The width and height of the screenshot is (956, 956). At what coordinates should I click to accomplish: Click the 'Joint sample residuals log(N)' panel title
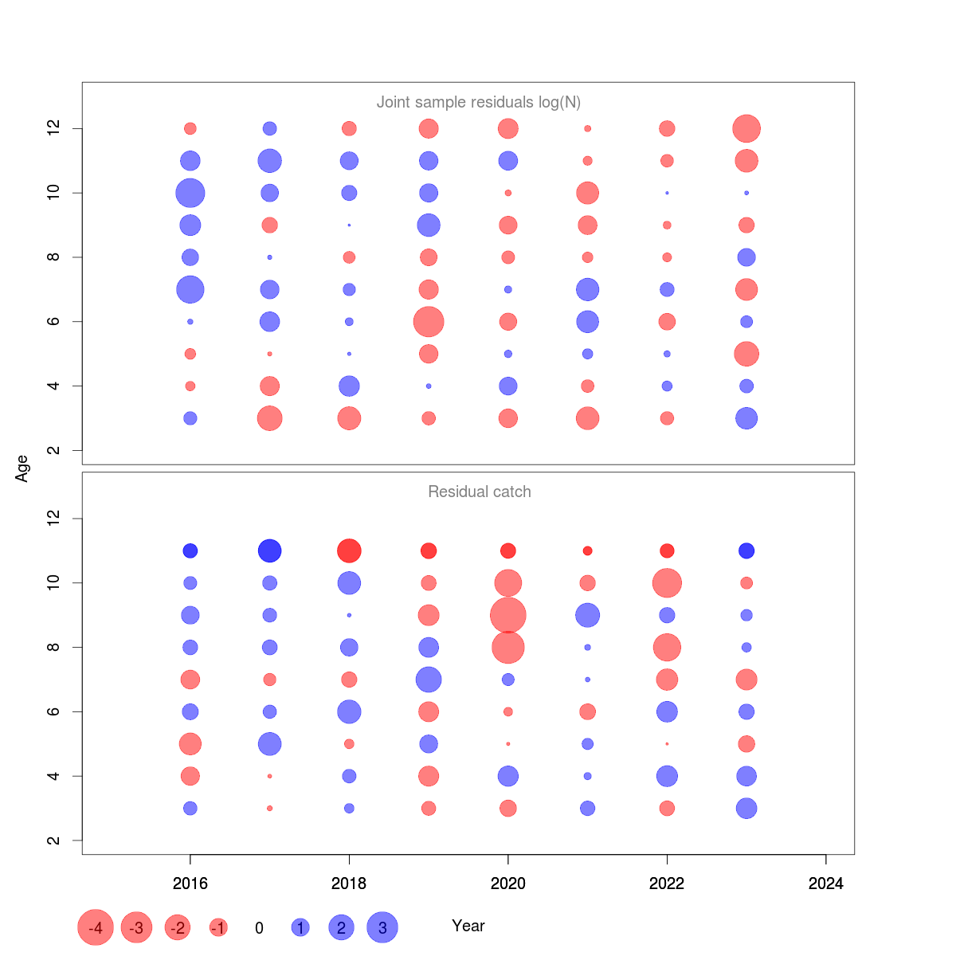coord(478,102)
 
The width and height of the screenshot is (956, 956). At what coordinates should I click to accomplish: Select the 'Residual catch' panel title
coord(479,492)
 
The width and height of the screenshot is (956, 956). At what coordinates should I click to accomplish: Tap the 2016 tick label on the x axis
coord(190,884)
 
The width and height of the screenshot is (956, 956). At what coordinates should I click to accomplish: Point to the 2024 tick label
coord(825,884)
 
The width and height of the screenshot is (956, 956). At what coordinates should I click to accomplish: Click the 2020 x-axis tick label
coord(508,884)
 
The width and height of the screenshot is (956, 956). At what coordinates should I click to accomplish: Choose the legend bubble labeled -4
coord(96,927)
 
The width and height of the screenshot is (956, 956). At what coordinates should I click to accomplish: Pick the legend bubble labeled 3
coord(382,927)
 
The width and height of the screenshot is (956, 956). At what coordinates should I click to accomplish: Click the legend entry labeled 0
coord(259,928)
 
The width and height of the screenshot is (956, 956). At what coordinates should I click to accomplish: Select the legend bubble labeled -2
coord(178,927)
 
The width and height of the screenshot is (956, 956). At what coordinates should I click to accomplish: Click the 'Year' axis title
coord(468,926)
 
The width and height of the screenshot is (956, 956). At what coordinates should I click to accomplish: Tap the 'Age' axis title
coord(22,468)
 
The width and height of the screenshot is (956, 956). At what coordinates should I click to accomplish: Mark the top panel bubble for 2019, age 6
coord(429,322)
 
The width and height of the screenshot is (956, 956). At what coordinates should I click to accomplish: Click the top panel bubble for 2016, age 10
coord(190,193)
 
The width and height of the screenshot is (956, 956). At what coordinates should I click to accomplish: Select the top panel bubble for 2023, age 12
coord(746,128)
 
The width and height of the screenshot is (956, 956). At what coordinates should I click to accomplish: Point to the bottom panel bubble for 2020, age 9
coord(508,615)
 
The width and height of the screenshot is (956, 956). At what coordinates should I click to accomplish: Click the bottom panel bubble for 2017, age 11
coord(270,550)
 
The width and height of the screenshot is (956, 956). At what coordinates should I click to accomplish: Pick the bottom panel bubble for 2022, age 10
coord(667,583)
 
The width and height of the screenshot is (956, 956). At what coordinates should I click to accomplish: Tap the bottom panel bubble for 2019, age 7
coord(429,680)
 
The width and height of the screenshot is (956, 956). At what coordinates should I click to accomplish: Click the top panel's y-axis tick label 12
coord(54,128)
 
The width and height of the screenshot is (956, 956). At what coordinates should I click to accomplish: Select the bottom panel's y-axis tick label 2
coord(54,840)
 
